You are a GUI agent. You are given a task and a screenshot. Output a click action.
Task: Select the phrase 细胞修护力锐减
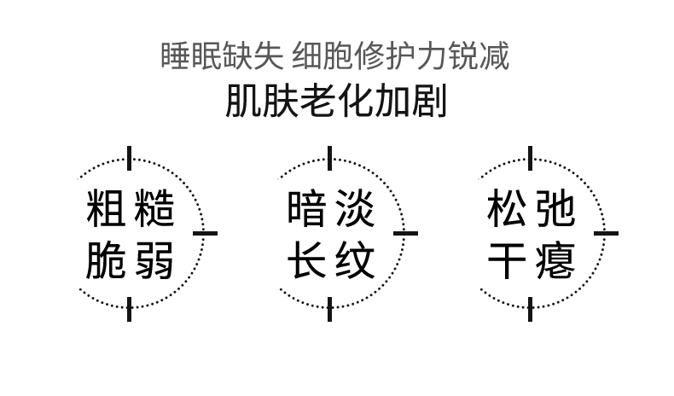point(400,56)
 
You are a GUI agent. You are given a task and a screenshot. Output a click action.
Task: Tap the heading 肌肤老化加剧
point(336,102)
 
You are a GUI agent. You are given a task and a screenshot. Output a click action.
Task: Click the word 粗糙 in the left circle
point(131,209)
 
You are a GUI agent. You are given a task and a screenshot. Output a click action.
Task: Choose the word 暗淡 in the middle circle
point(330,209)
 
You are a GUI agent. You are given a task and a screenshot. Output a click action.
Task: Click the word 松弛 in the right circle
point(531,209)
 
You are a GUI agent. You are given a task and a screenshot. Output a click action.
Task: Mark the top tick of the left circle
point(130,158)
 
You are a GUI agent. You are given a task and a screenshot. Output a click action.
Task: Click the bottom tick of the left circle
point(130,309)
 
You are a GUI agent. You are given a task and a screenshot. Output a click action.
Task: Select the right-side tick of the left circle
point(205,232)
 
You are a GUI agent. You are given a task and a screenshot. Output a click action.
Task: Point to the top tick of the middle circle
point(330,158)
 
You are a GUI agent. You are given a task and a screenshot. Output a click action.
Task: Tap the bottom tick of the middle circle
point(330,309)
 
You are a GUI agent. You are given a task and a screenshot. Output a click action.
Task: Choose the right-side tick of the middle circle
point(405,232)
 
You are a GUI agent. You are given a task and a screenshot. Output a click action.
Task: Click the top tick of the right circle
point(531,158)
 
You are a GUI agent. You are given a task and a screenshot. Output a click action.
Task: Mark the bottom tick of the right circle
point(531,309)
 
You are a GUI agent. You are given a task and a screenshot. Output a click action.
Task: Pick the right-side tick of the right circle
point(606,232)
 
